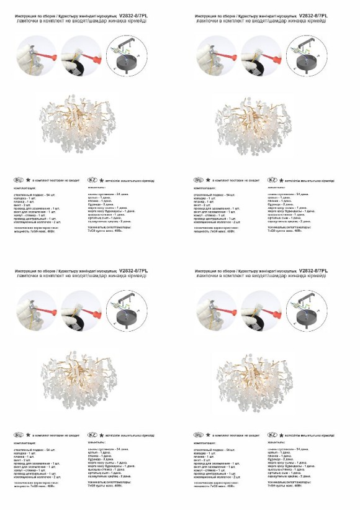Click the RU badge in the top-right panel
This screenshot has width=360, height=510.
(x=199, y=179)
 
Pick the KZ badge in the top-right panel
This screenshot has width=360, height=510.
(x=272, y=179)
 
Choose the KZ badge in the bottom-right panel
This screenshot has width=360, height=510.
(x=272, y=435)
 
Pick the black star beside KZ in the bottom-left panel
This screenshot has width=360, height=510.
(x=102, y=435)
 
